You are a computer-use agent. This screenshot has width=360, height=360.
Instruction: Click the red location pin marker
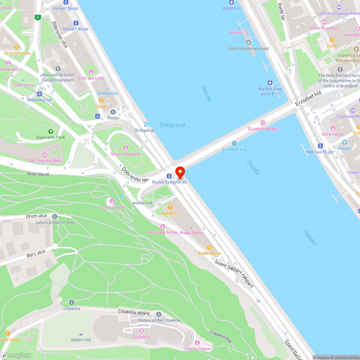[180, 172]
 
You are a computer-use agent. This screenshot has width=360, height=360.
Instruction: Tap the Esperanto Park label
[51, 137]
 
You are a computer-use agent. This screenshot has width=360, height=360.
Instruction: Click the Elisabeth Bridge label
[263, 129]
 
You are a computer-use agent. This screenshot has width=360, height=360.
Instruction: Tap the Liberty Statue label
[197, 348]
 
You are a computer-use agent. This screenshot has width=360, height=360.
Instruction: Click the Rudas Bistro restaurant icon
[210, 247]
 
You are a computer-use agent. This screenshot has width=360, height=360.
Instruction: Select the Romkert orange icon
[170, 207]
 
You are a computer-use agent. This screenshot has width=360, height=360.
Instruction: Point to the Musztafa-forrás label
[163, 232]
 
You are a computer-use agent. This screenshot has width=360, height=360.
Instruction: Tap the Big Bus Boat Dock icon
[270, 82]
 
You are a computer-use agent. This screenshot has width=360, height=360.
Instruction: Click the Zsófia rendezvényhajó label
[248, 49]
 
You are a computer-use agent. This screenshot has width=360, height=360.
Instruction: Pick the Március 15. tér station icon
[320, 146]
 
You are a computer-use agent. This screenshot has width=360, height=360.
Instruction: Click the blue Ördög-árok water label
[173, 125]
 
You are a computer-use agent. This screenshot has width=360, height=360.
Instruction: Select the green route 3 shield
[37, 17]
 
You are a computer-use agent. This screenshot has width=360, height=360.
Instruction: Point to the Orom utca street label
[36, 216]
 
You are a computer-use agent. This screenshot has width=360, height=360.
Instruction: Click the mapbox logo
[16, 355]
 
